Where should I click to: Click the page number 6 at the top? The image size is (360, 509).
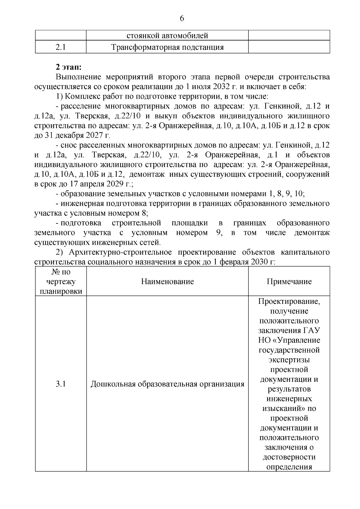[x=182, y=19]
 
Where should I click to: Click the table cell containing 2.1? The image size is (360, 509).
[x=61, y=47]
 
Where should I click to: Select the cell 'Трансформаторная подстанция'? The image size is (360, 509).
[x=167, y=47]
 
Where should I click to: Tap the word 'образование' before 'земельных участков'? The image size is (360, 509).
[x=79, y=194]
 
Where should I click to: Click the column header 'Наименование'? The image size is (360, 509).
[x=167, y=281]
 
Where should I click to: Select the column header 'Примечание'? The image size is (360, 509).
[x=289, y=281]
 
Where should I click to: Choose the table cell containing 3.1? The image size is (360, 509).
[x=61, y=384]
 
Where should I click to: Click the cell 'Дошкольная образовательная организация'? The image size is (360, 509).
[x=167, y=384]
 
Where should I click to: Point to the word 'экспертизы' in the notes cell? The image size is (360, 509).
[x=289, y=360]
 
